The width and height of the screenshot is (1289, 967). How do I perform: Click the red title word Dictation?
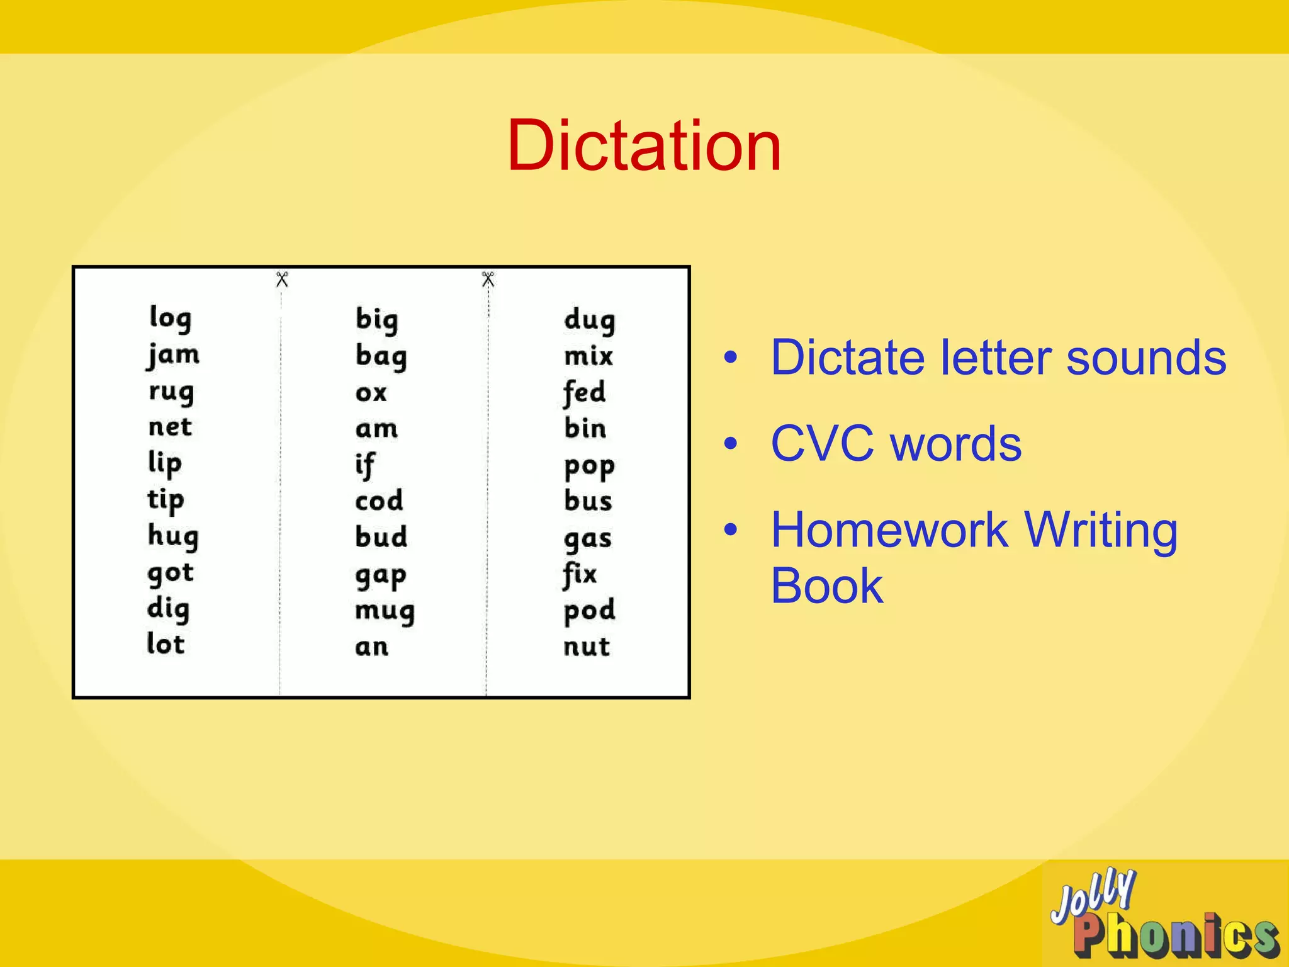tap(644, 146)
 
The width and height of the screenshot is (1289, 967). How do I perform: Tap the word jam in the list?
tap(174, 355)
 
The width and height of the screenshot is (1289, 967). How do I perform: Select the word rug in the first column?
tap(171, 392)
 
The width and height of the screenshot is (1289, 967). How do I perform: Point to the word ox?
tap(371, 393)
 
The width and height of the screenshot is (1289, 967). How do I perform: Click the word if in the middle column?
tap(365, 465)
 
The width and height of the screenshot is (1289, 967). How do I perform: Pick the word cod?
tap(379, 501)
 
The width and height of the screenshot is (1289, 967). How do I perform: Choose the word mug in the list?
tap(385, 611)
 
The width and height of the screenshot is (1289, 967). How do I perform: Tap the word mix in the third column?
tap(588, 356)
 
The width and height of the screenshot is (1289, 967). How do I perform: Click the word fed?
tap(584, 392)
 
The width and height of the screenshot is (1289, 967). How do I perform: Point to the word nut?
tap(587, 647)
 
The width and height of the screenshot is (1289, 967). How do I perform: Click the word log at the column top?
tap(171, 318)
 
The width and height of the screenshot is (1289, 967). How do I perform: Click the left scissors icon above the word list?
tap(282, 279)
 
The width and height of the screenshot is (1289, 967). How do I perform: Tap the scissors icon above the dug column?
tap(488, 279)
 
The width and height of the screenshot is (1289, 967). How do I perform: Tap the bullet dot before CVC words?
tap(730, 444)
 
